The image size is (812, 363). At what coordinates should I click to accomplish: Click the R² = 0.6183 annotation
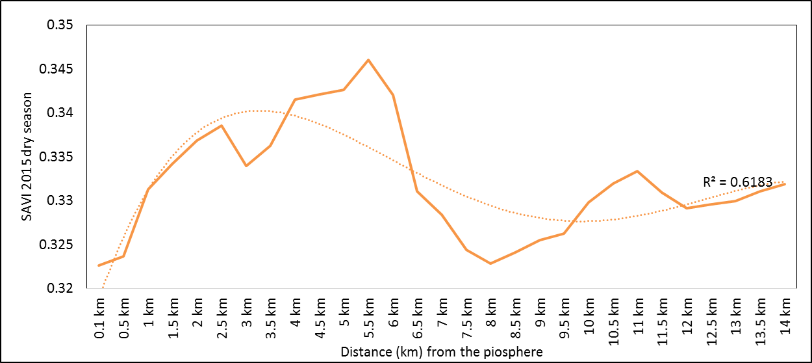pos(738,182)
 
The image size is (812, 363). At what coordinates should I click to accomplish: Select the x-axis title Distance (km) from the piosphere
pos(441,352)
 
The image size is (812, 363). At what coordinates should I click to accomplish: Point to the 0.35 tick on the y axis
pos(59,25)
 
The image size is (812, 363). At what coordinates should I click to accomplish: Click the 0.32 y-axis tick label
pos(59,288)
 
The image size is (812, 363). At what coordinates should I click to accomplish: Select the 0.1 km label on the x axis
pos(99,319)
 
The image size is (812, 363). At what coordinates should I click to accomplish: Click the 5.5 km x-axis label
pos(368,319)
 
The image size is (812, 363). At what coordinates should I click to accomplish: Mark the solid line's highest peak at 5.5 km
pos(368,60)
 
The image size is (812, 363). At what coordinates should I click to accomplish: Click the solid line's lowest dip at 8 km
pos(490,263)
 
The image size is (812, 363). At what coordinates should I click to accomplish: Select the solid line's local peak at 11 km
pos(637,171)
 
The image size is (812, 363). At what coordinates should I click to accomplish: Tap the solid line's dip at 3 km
pos(246,166)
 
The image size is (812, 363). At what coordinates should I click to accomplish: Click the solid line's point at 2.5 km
pos(222,126)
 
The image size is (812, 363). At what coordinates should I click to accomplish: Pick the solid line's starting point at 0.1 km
pos(99,265)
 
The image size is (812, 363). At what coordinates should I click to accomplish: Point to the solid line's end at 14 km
pos(784,184)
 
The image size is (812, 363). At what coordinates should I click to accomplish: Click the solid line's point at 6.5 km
pos(417,191)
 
